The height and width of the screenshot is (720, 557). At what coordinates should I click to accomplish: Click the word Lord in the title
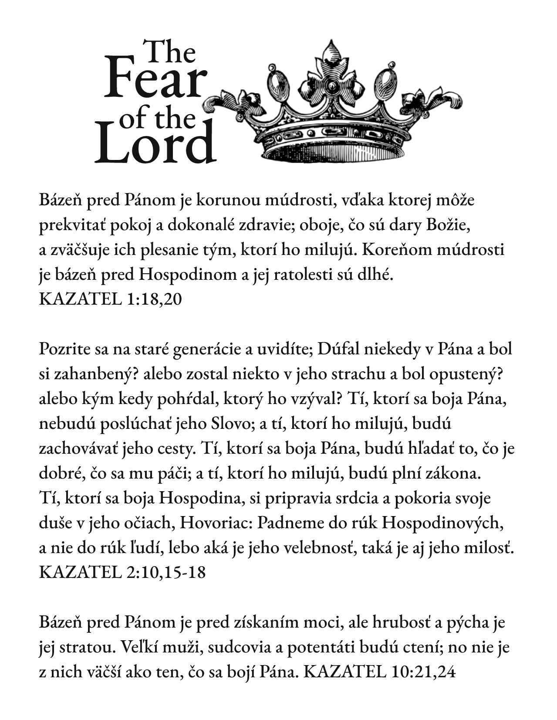tap(156, 144)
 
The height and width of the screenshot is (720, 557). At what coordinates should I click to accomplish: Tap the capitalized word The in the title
tap(170, 52)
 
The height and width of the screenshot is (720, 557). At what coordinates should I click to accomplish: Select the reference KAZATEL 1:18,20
tap(110, 299)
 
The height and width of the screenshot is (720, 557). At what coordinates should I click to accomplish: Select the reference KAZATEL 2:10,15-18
tap(122, 571)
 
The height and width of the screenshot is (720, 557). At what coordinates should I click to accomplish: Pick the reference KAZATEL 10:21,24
tap(379, 672)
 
